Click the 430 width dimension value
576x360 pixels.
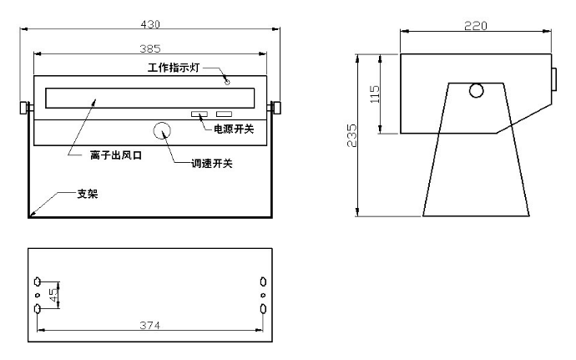(150, 24)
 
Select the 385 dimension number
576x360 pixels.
(150, 48)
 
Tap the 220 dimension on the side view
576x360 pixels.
(476, 26)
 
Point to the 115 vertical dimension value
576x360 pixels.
(375, 94)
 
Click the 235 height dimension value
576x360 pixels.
(352, 135)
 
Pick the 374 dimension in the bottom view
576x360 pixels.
(150, 325)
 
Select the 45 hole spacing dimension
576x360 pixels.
(53, 295)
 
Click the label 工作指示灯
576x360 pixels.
(174, 68)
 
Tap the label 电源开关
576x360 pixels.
(234, 129)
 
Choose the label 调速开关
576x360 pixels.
(212, 163)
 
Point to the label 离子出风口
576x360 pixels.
(116, 155)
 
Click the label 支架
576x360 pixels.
(88, 194)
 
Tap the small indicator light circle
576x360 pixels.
(227, 82)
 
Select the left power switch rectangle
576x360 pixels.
(200, 114)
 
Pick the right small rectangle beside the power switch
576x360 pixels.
(224, 114)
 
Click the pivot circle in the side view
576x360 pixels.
(477, 90)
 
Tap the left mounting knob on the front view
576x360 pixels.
(25, 108)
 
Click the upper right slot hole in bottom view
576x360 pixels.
(263, 281)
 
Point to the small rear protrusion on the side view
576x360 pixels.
(554, 79)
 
